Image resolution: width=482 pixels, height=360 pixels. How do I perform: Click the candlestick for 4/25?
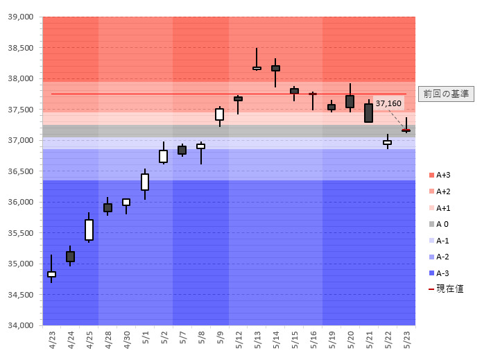pos(89,230)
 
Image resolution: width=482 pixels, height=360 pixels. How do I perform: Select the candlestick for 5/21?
pos(368,113)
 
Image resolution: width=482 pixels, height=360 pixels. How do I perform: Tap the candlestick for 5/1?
pos(145,182)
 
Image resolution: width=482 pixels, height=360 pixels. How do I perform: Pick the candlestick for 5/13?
pos(257,68)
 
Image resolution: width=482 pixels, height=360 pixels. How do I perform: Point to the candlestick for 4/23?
pos(51,274)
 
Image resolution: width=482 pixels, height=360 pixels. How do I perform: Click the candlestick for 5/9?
pos(219,114)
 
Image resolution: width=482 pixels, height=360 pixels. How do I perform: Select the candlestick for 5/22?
pos(387,142)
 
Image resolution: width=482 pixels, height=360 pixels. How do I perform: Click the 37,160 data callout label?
pos(388,103)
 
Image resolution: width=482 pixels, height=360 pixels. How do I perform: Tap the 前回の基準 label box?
pos(446,94)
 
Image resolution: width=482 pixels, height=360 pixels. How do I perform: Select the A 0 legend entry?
pos(441,224)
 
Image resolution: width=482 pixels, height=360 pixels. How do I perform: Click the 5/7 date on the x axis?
pos(182,339)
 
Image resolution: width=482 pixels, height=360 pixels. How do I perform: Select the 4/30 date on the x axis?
pos(126,339)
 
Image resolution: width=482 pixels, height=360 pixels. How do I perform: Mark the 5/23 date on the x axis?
pos(406,339)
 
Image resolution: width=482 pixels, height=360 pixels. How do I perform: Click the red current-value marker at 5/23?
pos(406,130)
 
